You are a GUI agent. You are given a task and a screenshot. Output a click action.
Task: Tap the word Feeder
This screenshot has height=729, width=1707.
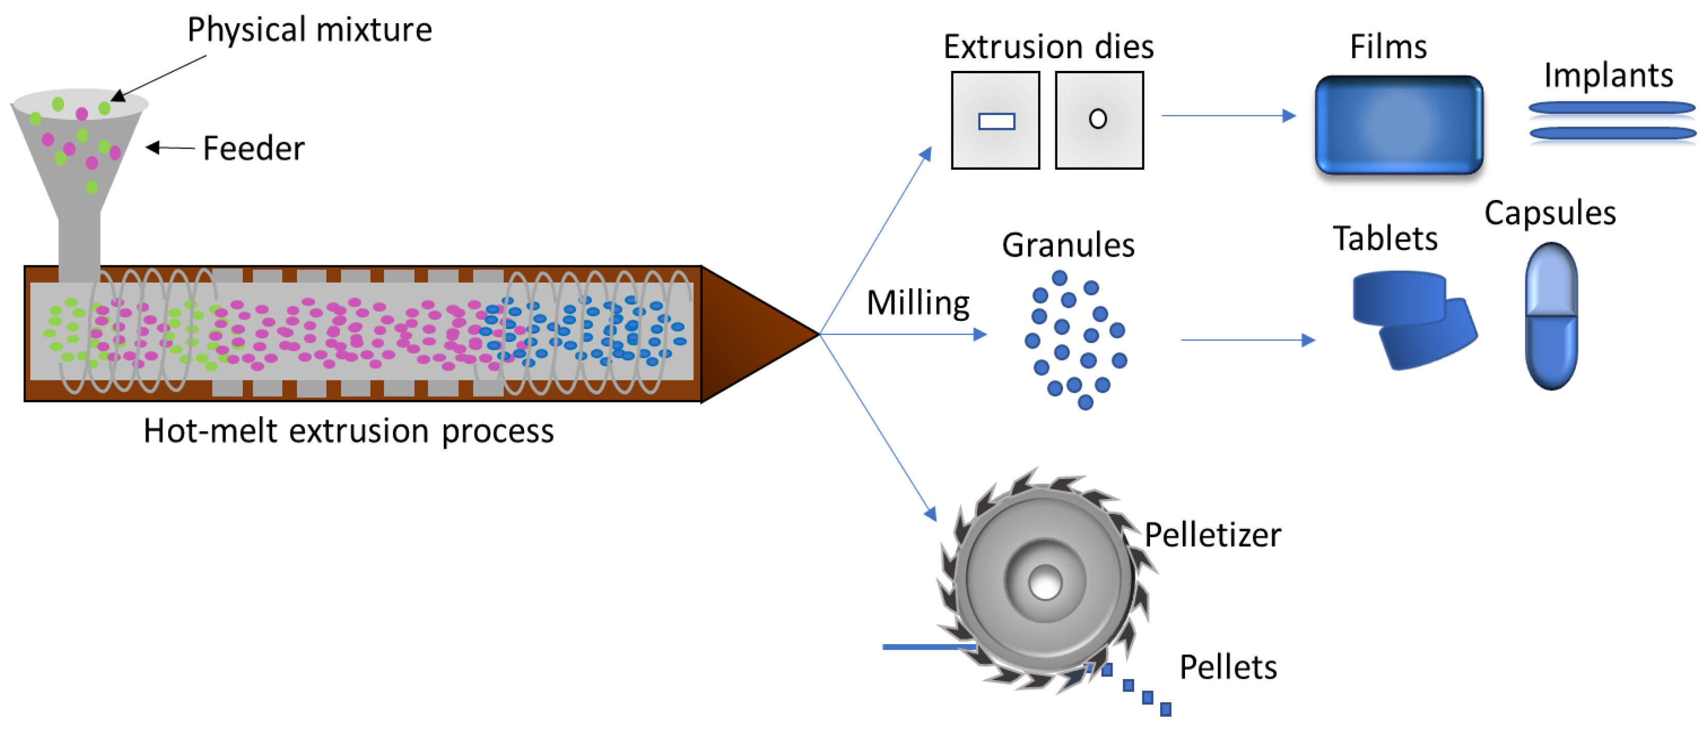(x=253, y=148)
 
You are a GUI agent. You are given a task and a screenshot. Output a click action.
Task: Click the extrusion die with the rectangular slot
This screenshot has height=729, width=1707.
(x=995, y=120)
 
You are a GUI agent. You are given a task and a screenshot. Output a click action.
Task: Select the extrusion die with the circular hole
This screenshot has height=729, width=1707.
(x=1099, y=120)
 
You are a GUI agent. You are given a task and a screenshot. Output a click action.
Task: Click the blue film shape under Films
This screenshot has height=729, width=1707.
(x=1398, y=124)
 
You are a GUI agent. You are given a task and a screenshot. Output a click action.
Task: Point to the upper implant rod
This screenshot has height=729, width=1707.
(x=1611, y=107)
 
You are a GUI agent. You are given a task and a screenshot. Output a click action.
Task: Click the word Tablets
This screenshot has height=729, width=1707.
(x=1385, y=239)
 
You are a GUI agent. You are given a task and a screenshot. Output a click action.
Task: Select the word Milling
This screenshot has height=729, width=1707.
(x=918, y=303)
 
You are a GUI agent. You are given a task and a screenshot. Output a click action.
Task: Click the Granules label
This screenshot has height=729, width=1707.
(x=1068, y=245)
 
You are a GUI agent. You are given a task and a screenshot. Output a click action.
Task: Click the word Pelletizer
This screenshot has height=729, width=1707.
(x=1212, y=535)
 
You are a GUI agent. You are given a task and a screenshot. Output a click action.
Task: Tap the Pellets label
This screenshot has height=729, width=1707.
(x=1228, y=667)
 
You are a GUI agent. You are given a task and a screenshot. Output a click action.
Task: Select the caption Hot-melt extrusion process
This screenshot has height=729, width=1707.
(x=349, y=431)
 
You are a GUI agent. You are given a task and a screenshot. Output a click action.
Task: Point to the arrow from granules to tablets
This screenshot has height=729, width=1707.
(x=1246, y=340)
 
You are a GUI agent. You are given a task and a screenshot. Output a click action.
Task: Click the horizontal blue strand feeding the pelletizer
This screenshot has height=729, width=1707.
(x=928, y=646)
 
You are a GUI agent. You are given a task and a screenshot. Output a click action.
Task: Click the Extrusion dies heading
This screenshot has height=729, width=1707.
(x=1048, y=47)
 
